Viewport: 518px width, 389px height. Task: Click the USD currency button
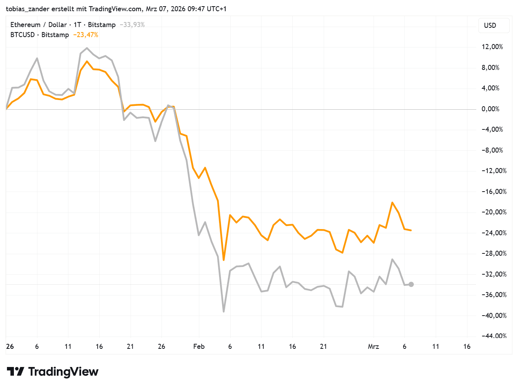(490, 25)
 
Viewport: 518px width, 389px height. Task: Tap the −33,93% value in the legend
(132, 25)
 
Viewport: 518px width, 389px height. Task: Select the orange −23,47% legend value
(86, 35)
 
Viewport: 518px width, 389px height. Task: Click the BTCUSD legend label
(22, 35)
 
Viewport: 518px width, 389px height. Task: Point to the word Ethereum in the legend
(25, 25)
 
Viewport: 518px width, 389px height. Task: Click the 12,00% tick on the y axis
(492, 47)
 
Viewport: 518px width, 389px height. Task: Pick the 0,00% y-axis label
(491, 109)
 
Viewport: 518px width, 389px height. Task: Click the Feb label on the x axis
(199, 347)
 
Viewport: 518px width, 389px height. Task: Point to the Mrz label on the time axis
(373, 347)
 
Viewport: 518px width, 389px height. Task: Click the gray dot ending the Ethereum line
(411, 284)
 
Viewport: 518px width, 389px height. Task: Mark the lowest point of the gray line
(224, 311)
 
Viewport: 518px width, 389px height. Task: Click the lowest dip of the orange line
(224, 260)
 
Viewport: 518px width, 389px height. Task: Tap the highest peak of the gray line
(87, 48)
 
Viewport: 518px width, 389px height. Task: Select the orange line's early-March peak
(392, 202)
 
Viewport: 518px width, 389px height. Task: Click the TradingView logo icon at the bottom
(15, 372)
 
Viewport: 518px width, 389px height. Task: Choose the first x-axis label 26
(10, 347)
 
